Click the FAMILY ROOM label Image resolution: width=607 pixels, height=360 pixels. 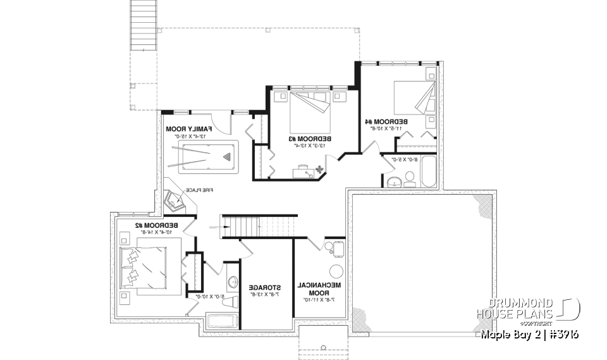pos(188,128)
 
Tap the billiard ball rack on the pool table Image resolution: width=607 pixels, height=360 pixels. pos(226,154)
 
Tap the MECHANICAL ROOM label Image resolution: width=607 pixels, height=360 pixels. pos(319,289)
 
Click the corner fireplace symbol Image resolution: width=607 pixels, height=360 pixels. pos(174,199)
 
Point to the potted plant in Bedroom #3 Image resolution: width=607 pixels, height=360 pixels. pos(319,169)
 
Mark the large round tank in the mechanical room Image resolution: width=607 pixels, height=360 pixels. pos(336,271)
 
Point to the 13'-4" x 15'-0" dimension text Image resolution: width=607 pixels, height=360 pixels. pos(188,135)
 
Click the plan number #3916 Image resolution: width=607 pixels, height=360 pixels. pos(560,333)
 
